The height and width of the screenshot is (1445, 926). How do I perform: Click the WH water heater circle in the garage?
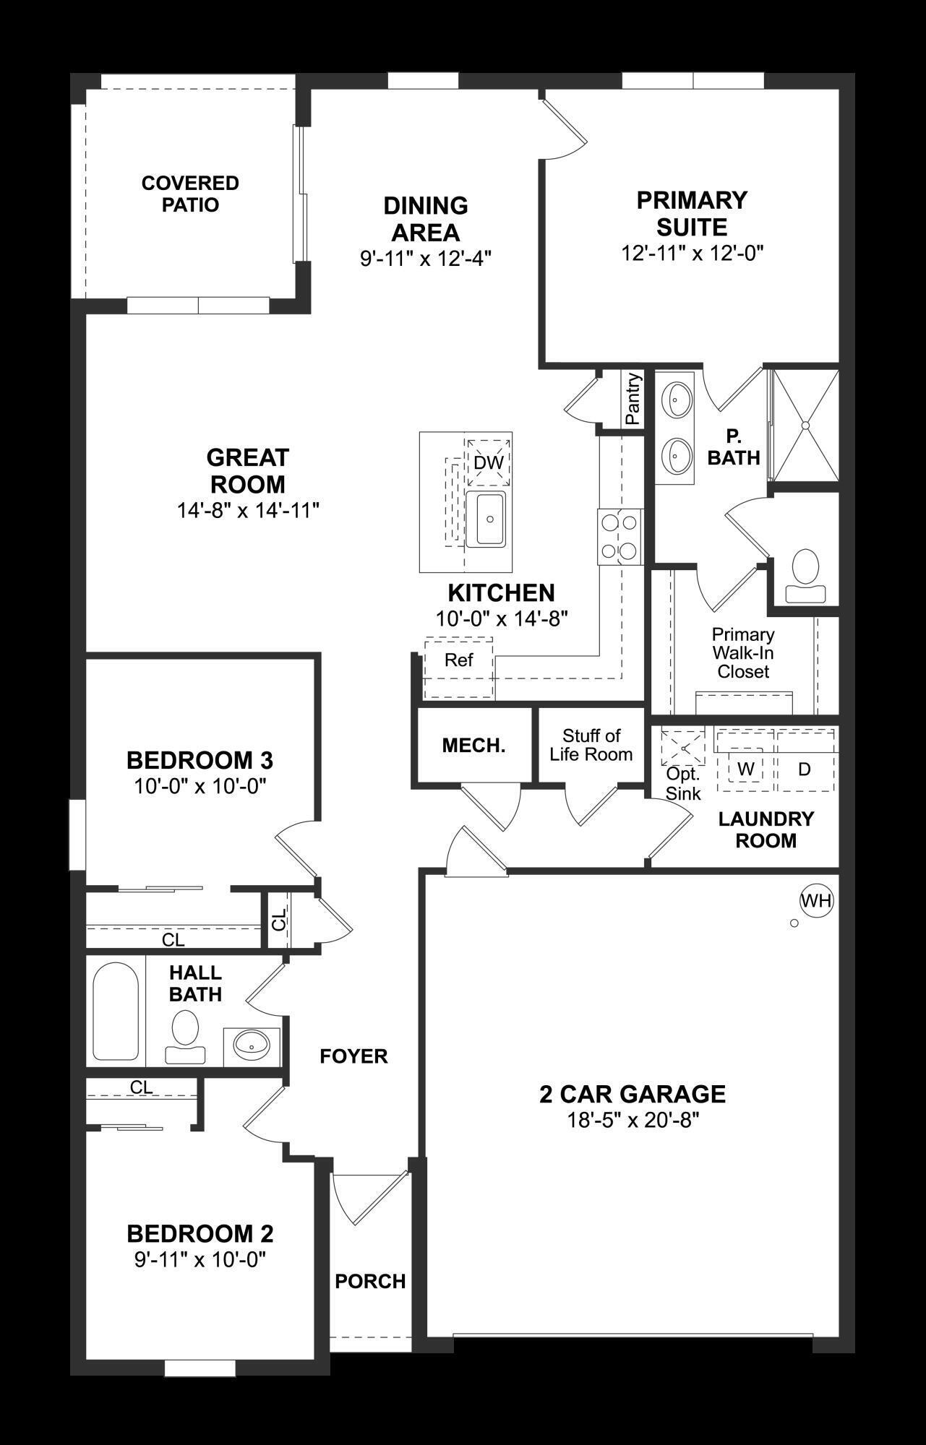817,900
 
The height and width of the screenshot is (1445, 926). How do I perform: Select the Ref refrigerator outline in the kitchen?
458,660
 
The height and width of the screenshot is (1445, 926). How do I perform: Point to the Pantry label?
633,399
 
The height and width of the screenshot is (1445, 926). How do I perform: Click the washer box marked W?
745,769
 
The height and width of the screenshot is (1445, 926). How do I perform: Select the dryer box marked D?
805,769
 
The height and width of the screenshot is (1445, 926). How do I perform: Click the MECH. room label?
473,746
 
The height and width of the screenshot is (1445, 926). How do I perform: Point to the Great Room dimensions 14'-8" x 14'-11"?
248,511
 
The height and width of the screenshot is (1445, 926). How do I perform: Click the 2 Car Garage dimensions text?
633,1121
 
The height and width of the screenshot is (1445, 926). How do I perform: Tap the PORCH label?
370,1281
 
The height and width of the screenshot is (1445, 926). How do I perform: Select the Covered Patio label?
190,194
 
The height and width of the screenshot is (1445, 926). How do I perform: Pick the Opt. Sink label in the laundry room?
683,784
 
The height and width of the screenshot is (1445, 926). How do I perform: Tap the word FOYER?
353,1056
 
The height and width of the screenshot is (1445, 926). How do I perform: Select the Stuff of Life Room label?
591,745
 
